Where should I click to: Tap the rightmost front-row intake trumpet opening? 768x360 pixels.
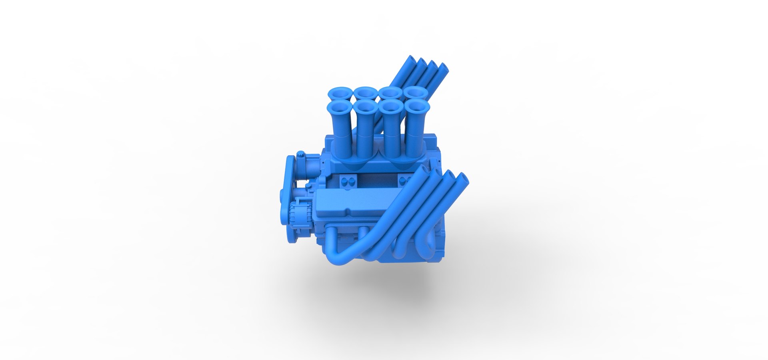pos(417,106)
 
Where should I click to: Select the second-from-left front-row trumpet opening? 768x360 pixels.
pos(364,106)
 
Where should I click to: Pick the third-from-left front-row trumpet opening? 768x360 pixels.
pos(390,106)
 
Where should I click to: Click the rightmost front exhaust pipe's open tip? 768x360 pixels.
pos(462,178)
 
